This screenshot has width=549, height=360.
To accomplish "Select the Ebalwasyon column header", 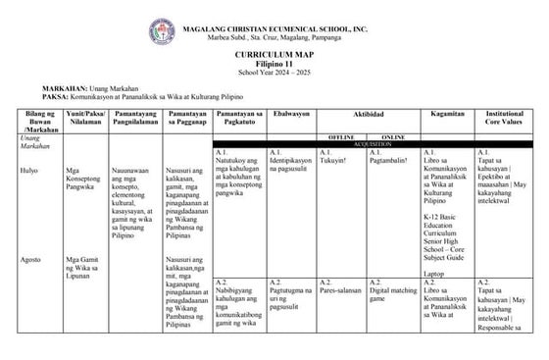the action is (x=291, y=115).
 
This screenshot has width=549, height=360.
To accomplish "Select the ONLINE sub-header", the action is (x=392, y=137).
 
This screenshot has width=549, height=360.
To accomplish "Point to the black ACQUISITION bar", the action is (x=372, y=144).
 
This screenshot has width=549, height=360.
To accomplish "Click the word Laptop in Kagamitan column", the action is (x=434, y=273).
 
